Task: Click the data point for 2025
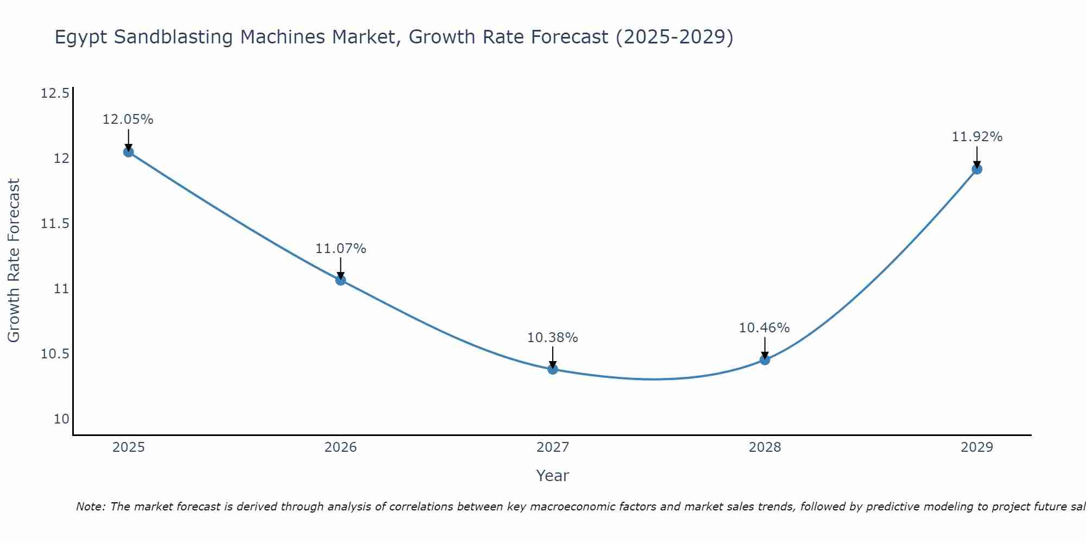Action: click(x=128, y=152)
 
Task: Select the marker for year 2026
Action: click(x=340, y=280)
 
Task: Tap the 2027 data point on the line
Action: click(x=553, y=369)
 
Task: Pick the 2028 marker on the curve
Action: click(x=765, y=359)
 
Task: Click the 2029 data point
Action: click(x=977, y=169)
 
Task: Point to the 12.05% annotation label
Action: click(x=128, y=119)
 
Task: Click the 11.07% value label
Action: click(x=340, y=249)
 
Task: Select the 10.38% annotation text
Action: click(x=553, y=338)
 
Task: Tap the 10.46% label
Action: click(x=765, y=328)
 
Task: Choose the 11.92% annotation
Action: click(x=977, y=137)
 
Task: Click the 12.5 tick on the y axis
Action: click(x=55, y=93)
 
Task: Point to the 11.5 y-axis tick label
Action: click(x=55, y=224)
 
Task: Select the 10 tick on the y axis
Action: click(x=61, y=419)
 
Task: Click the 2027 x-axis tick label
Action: click(x=553, y=447)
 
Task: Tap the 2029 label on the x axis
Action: click(x=977, y=447)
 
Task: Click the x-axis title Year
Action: click(x=553, y=476)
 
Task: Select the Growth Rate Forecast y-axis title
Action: click(x=14, y=261)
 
